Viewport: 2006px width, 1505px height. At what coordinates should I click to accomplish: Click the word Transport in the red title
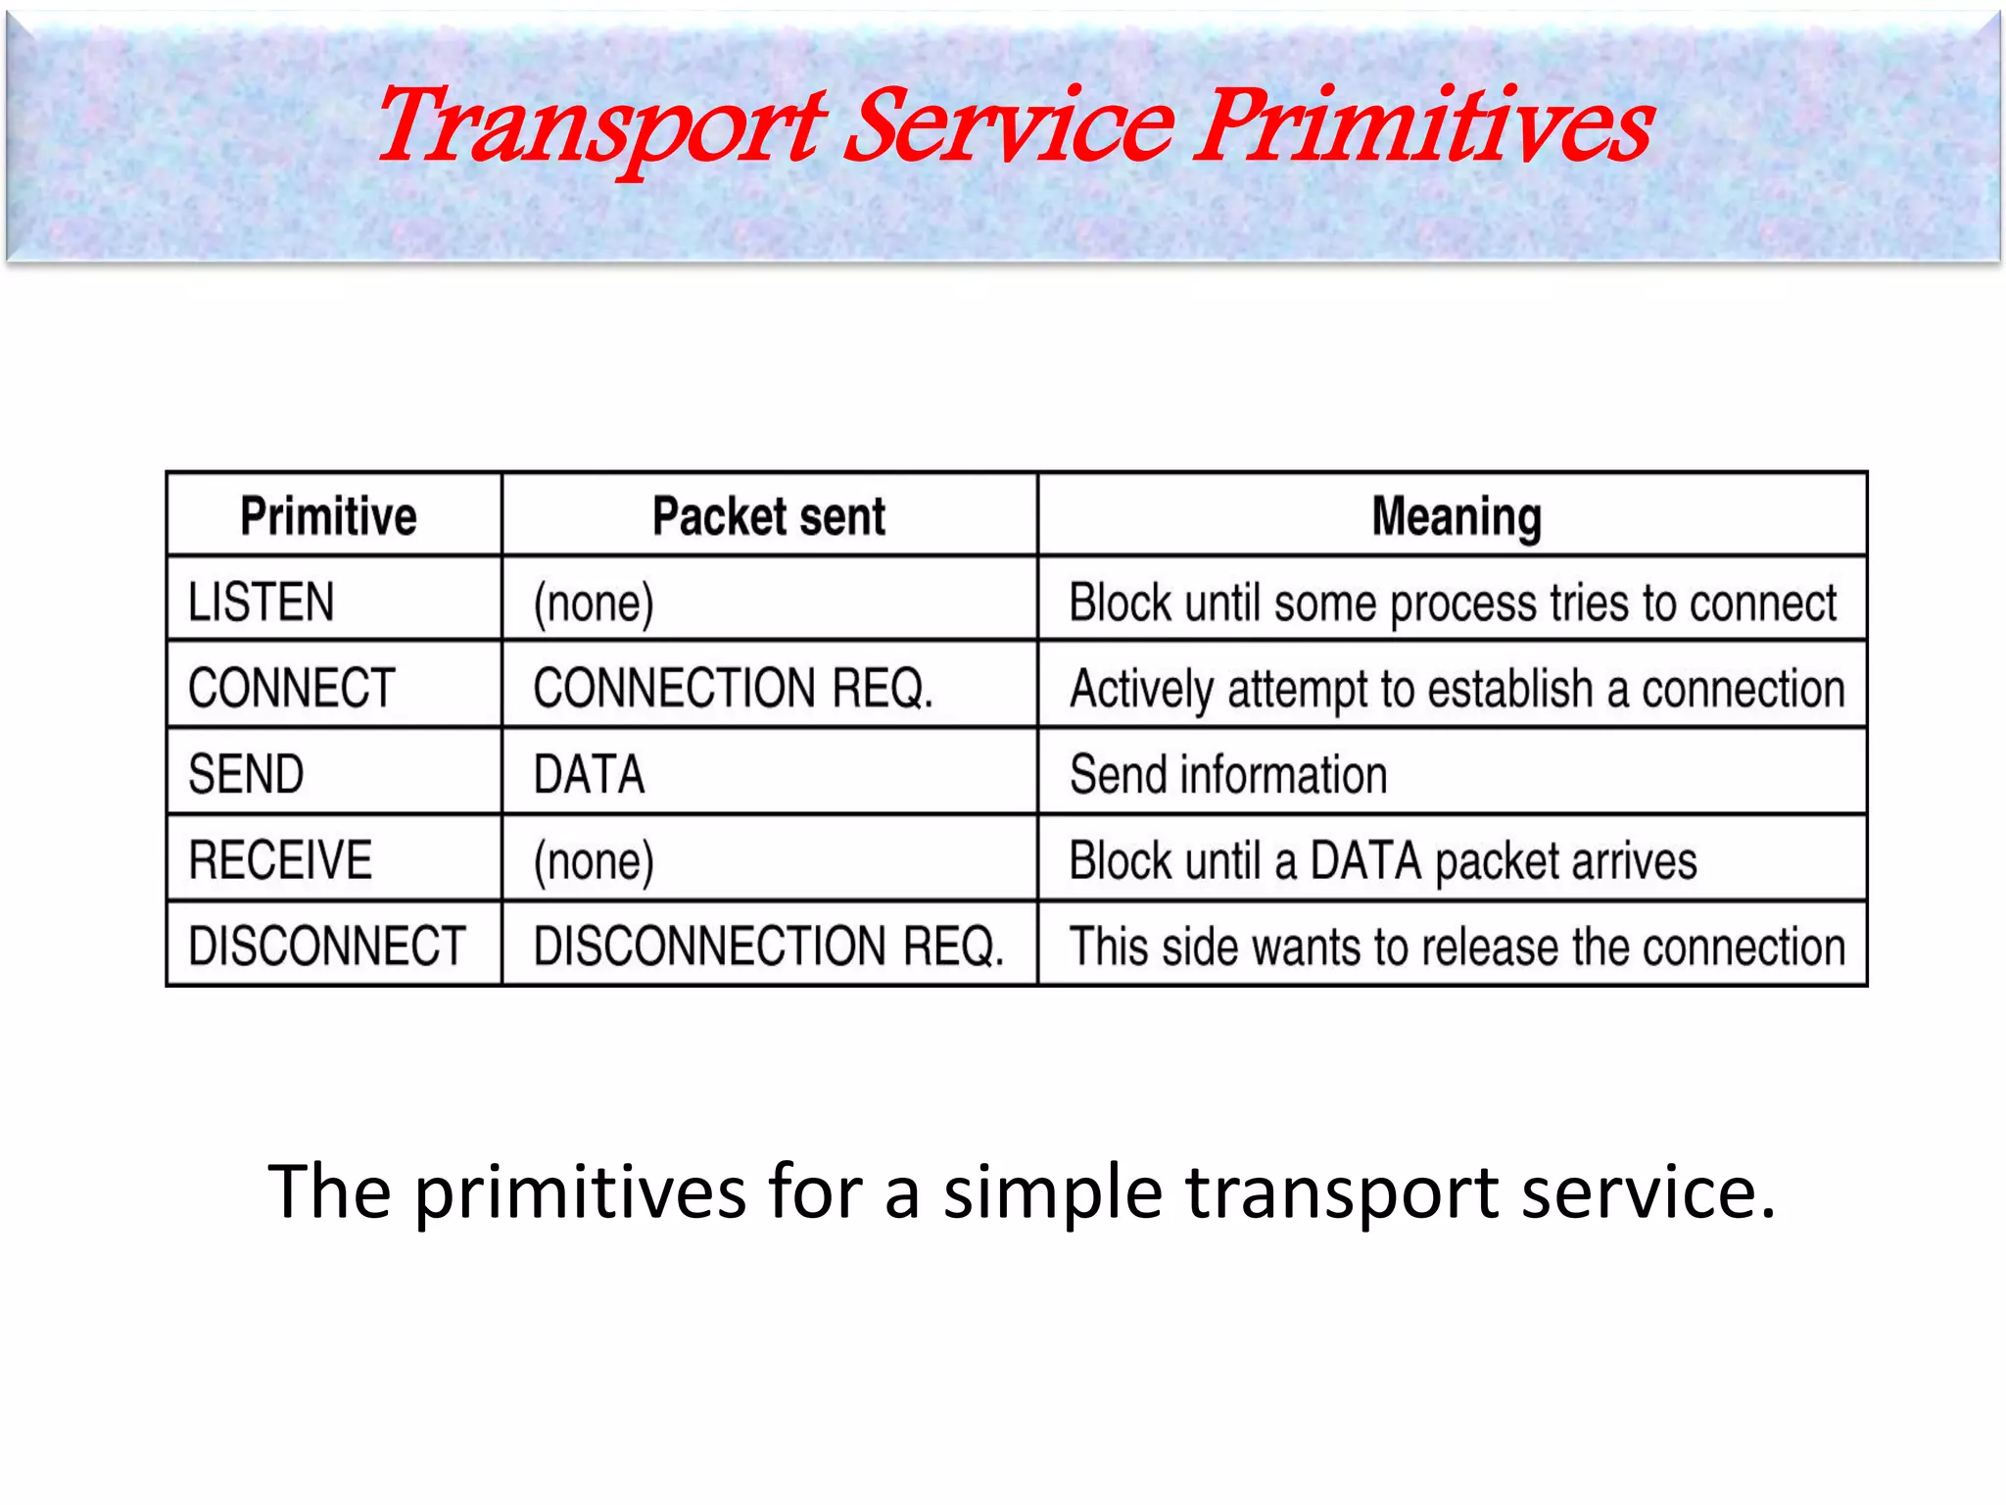[x=599, y=127]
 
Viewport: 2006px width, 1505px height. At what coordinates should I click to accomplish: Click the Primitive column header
[x=329, y=516]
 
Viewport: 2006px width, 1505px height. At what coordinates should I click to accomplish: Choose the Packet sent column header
[x=769, y=516]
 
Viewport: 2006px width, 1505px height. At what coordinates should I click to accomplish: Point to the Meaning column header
[x=1457, y=516]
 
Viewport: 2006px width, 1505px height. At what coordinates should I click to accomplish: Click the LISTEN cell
[x=262, y=602]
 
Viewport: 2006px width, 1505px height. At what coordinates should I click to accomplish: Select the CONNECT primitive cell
[x=292, y=688]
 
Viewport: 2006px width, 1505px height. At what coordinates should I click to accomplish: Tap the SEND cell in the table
[x=247, y=774]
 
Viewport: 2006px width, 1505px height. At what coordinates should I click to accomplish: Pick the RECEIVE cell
[x=280, y=860]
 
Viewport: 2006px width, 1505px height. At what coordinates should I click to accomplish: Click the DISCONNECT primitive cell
[x=326, y=947]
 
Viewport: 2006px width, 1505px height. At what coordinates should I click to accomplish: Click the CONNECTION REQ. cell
[x=733, y=688]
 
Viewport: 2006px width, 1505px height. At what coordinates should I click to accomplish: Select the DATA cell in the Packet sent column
[x=590, y=774]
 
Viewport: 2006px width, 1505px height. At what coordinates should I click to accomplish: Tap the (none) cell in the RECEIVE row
[x=594, y=861]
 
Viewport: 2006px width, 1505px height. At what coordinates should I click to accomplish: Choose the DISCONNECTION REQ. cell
[x=769, y=947]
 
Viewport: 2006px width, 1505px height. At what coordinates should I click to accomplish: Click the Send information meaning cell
[x=1228, y=774]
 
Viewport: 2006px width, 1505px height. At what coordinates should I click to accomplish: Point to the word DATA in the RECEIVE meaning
[x=1365, y=861]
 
